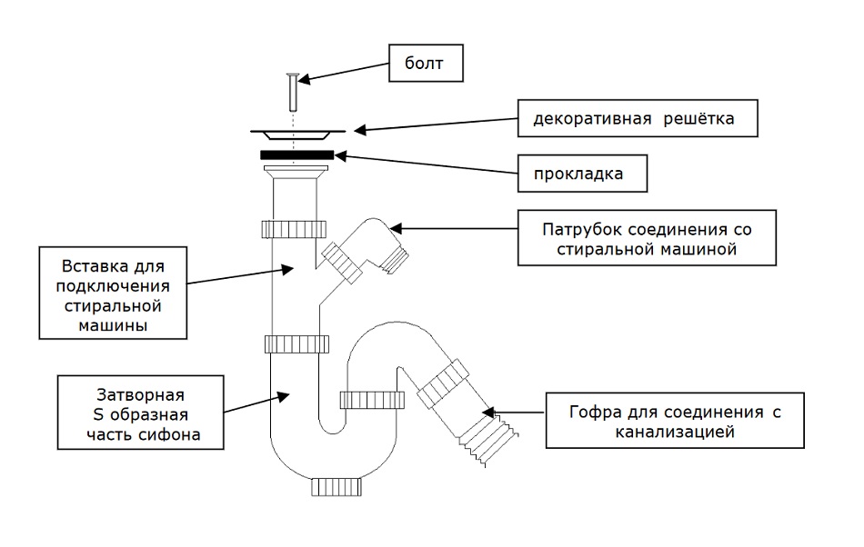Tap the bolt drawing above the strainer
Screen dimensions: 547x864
292,90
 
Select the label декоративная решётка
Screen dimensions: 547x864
638,118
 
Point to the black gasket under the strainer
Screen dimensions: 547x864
296,155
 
